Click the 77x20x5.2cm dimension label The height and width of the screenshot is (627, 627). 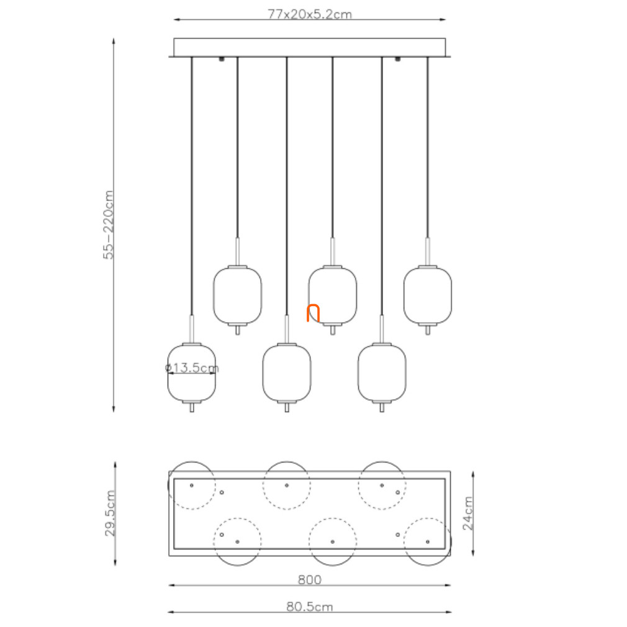[310, 14]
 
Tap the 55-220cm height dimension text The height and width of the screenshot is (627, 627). [109, 225]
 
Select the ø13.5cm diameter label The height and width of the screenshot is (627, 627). [192, 368]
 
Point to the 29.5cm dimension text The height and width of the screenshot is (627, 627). [110, 513]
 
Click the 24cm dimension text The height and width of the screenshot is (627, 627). [467, 513]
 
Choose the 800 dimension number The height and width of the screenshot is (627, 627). [310, 579]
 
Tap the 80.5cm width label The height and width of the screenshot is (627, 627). [310, 607]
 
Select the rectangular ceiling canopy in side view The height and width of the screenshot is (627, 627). [310, 48]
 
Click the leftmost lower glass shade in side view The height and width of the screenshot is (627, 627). [192, 372]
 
